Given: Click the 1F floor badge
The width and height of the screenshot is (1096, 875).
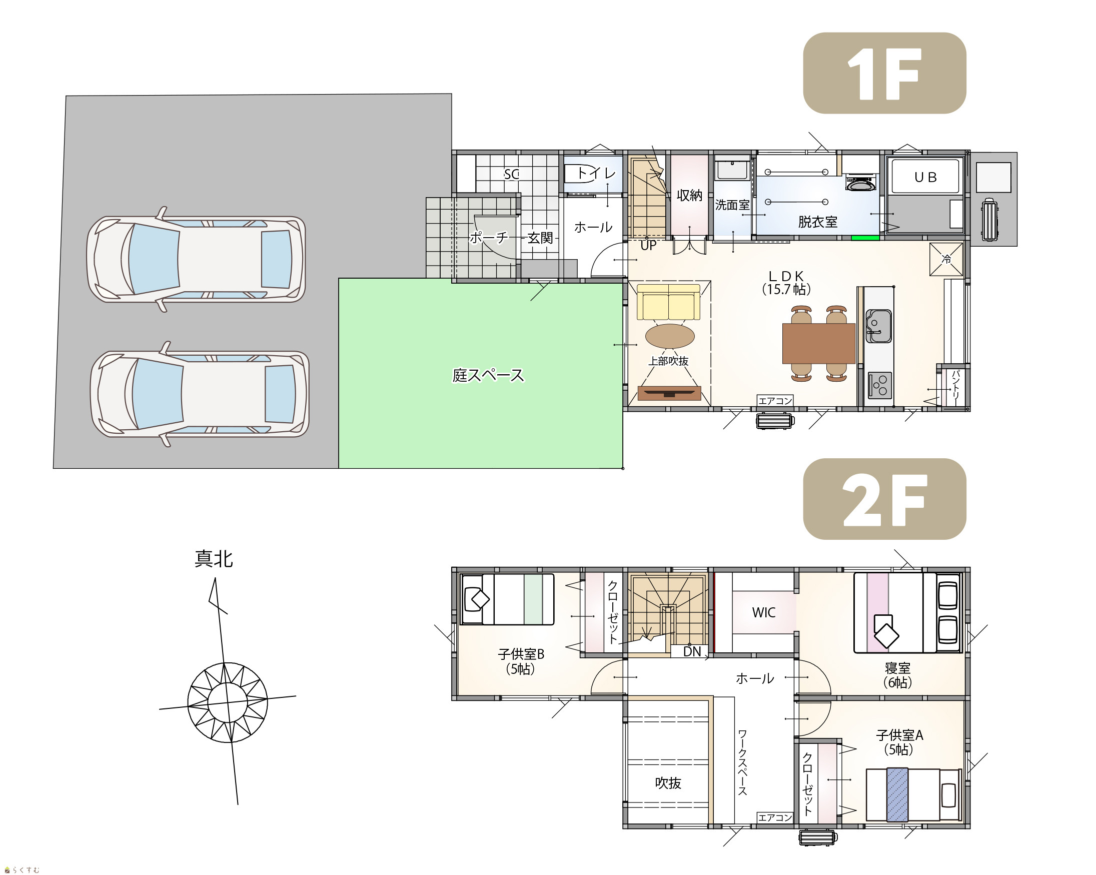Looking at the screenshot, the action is coord(884,73).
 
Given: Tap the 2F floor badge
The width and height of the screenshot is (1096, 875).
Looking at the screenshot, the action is coord(884,499).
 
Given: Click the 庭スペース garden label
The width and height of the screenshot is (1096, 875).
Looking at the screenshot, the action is coord(488,375).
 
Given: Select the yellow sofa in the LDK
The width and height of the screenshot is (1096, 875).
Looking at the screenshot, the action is coord(668,302).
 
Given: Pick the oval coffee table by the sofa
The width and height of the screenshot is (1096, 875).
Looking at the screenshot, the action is coord(669,336).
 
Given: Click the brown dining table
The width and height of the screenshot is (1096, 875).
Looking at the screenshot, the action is coord(818,343).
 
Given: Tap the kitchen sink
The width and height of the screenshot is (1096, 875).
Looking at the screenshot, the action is coord(878,326).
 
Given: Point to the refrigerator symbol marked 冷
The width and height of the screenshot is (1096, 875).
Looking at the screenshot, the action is coord(946,259).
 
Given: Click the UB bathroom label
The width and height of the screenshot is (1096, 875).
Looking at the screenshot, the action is coord(925,177).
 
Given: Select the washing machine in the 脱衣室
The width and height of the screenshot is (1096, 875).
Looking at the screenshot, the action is coord(860,182).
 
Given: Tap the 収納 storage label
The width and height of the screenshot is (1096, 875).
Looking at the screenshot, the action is coord(689,195).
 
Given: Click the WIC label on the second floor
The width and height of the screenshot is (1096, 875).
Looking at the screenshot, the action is coord(763,612).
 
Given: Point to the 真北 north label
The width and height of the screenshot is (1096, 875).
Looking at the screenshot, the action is coord(214,559).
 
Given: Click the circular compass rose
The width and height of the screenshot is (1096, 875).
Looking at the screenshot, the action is coord(228,702).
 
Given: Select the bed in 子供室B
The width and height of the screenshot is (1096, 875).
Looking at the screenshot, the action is coord(507,599).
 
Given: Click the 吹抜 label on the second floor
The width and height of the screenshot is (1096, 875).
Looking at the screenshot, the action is coord(667,783).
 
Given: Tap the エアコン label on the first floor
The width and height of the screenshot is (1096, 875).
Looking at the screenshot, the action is coord(775,401).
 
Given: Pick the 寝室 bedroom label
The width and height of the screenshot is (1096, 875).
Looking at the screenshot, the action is coord(898,668).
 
